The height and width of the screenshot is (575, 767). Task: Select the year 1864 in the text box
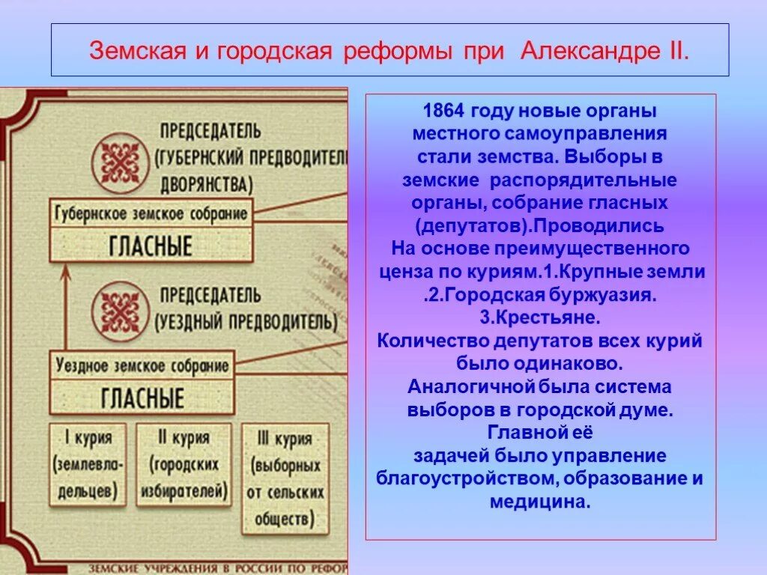click(443, 112)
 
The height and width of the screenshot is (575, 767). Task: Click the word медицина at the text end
click(541, 502)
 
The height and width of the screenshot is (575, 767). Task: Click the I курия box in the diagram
click(88, 464)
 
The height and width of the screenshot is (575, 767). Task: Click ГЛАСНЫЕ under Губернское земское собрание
click(151, 246)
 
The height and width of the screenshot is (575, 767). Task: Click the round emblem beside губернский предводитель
click(116, 160)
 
